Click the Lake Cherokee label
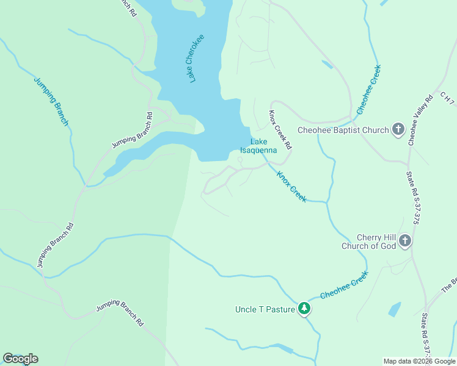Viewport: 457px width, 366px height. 196,59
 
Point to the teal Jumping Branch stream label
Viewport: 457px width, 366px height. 51,102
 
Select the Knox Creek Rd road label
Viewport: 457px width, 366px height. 280,130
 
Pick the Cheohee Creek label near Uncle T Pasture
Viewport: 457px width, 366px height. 344,285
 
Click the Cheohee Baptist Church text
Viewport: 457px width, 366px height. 343,130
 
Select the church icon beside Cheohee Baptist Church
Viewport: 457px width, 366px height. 398,129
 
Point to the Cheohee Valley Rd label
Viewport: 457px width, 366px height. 420,120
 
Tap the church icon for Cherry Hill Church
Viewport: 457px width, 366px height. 404,242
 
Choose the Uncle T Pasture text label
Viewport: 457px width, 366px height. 265,309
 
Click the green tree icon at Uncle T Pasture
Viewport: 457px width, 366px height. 304,309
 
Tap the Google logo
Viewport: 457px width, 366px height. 20,359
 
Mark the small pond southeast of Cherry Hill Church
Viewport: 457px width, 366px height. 394,309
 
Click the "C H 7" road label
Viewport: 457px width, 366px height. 448,98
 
